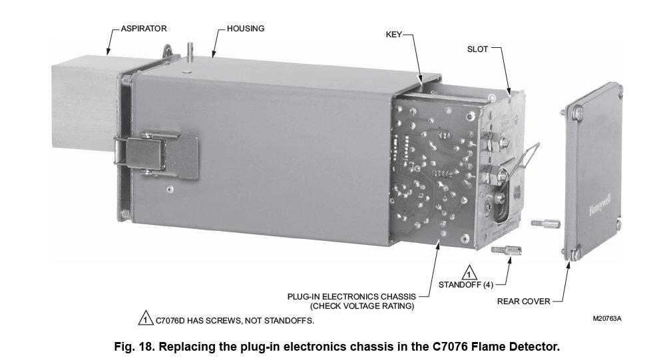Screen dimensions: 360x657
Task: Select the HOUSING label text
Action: click(x=245, y=29)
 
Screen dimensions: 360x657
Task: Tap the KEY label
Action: click(x=394, y=33)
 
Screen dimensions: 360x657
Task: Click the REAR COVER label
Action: click(x=524, y=301)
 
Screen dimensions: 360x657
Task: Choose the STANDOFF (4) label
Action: click(x=465, y=286)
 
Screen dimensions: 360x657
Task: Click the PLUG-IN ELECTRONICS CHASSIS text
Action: click(x=351, y=296)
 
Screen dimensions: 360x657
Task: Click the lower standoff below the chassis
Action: click(x=507, y=251)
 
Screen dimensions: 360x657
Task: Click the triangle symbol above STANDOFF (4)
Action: click(x=468, y=273)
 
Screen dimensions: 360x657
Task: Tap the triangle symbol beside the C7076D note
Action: click(x=144, y=319)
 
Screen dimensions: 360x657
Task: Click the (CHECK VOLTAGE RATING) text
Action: click(x=362, y=306)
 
